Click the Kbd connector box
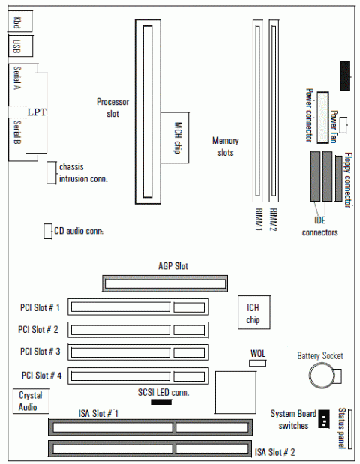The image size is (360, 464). [x=19, y=21]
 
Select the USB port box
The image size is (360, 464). [x=20, y=46]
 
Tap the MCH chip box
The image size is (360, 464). [x=175, y=138]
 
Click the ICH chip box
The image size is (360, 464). [x=254, y=312]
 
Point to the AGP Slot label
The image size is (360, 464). [x=173, y=266]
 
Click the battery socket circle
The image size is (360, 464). [x=322, y=376]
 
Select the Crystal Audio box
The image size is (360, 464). [x=31, y=401]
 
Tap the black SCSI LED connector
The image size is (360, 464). [x=161, y=402]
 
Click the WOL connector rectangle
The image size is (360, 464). [x=257, y=363]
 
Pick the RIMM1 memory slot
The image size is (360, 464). [x=257, y=111]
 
